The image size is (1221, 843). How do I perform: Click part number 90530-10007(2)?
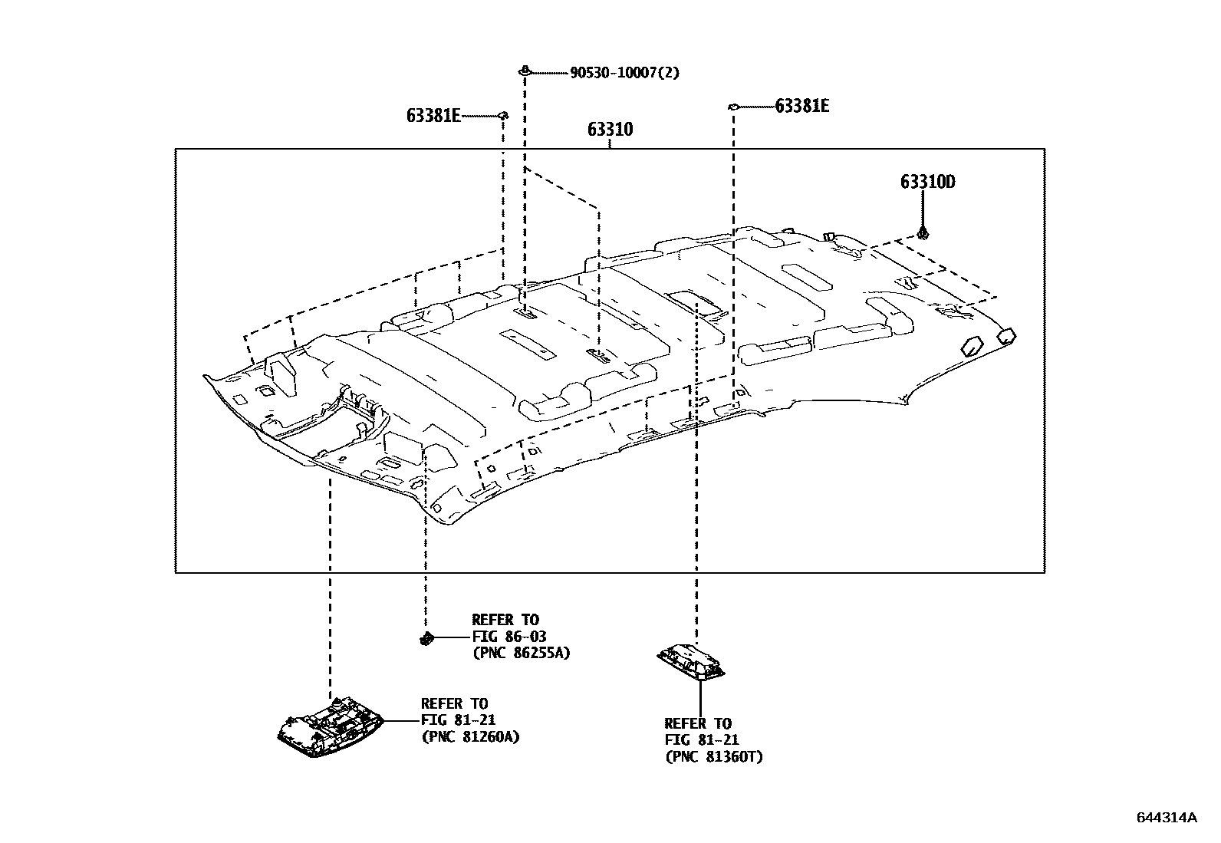pyautogui.click(x=624, y=73)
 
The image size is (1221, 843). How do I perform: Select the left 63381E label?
pyautogui.click(x=433, y=116)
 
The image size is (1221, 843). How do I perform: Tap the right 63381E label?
pyautogui.click(x=801, y=106)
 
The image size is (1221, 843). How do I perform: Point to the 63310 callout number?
pyautogui.click(x=610, y=130)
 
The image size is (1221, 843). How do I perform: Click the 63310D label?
pyautogui.click(x=927, y=183)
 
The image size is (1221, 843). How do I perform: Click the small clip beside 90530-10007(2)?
pyautogui.click(x=524, y=71)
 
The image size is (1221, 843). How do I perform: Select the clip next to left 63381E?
pyautogui.click(x=503, y=115)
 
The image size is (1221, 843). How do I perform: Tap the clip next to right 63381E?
pyautogui.click(x=732, y=107)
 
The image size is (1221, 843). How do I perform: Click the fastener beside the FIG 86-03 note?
pyautogui.click(x=426, y=637)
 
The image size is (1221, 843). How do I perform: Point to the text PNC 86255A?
pyautogui.click(x=521, y=654)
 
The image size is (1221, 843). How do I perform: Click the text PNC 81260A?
pyautogui.click(x=470, y=737)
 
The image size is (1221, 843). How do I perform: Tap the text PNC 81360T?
pyautogui.click(x=714, y=757)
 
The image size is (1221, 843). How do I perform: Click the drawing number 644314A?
pyautogui.click(x=1167, y=818)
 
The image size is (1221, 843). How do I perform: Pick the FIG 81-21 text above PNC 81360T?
pyautogui.click(x=701, y=740)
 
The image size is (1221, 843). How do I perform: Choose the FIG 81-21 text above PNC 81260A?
pyautogui.click(x=457, y=720)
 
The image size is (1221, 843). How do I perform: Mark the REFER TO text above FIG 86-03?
pyautogui.click(x=505, y=620)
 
